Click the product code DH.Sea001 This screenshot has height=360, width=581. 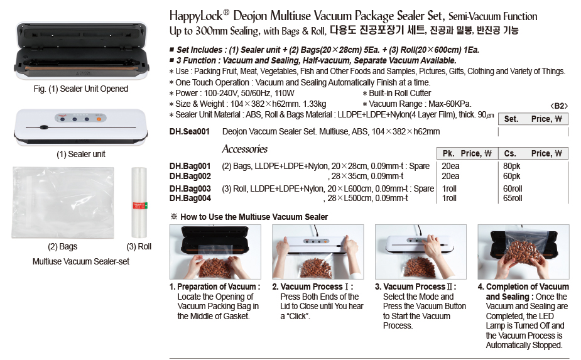tap(189, 131)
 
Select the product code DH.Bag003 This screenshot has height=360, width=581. tap(190, 188)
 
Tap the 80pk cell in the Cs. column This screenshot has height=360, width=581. tap(512, 166)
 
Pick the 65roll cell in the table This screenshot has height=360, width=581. tap(513, 199)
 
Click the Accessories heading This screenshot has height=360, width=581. tap(245, 149)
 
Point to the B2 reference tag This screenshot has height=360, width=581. tap(559, 106)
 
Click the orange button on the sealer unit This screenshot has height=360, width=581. tap(99, 119)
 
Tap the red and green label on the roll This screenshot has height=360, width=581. tap(140, 206)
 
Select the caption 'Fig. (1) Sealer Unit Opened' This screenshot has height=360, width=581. tap(81, 89)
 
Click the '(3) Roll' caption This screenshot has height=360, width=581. tap(139, 246)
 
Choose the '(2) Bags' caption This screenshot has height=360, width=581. tap(63, 246)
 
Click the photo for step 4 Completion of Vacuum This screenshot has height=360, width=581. tap(523, 252)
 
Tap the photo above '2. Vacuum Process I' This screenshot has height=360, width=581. tap(318, 252)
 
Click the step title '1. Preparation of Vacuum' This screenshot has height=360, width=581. tap(215, 286)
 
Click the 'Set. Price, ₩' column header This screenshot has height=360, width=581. tap(533, 119)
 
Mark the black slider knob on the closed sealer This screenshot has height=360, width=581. tap(44, 127)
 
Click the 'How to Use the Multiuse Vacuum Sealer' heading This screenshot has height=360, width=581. tap(254, 217)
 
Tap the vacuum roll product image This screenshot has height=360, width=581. tap(139, 202)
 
